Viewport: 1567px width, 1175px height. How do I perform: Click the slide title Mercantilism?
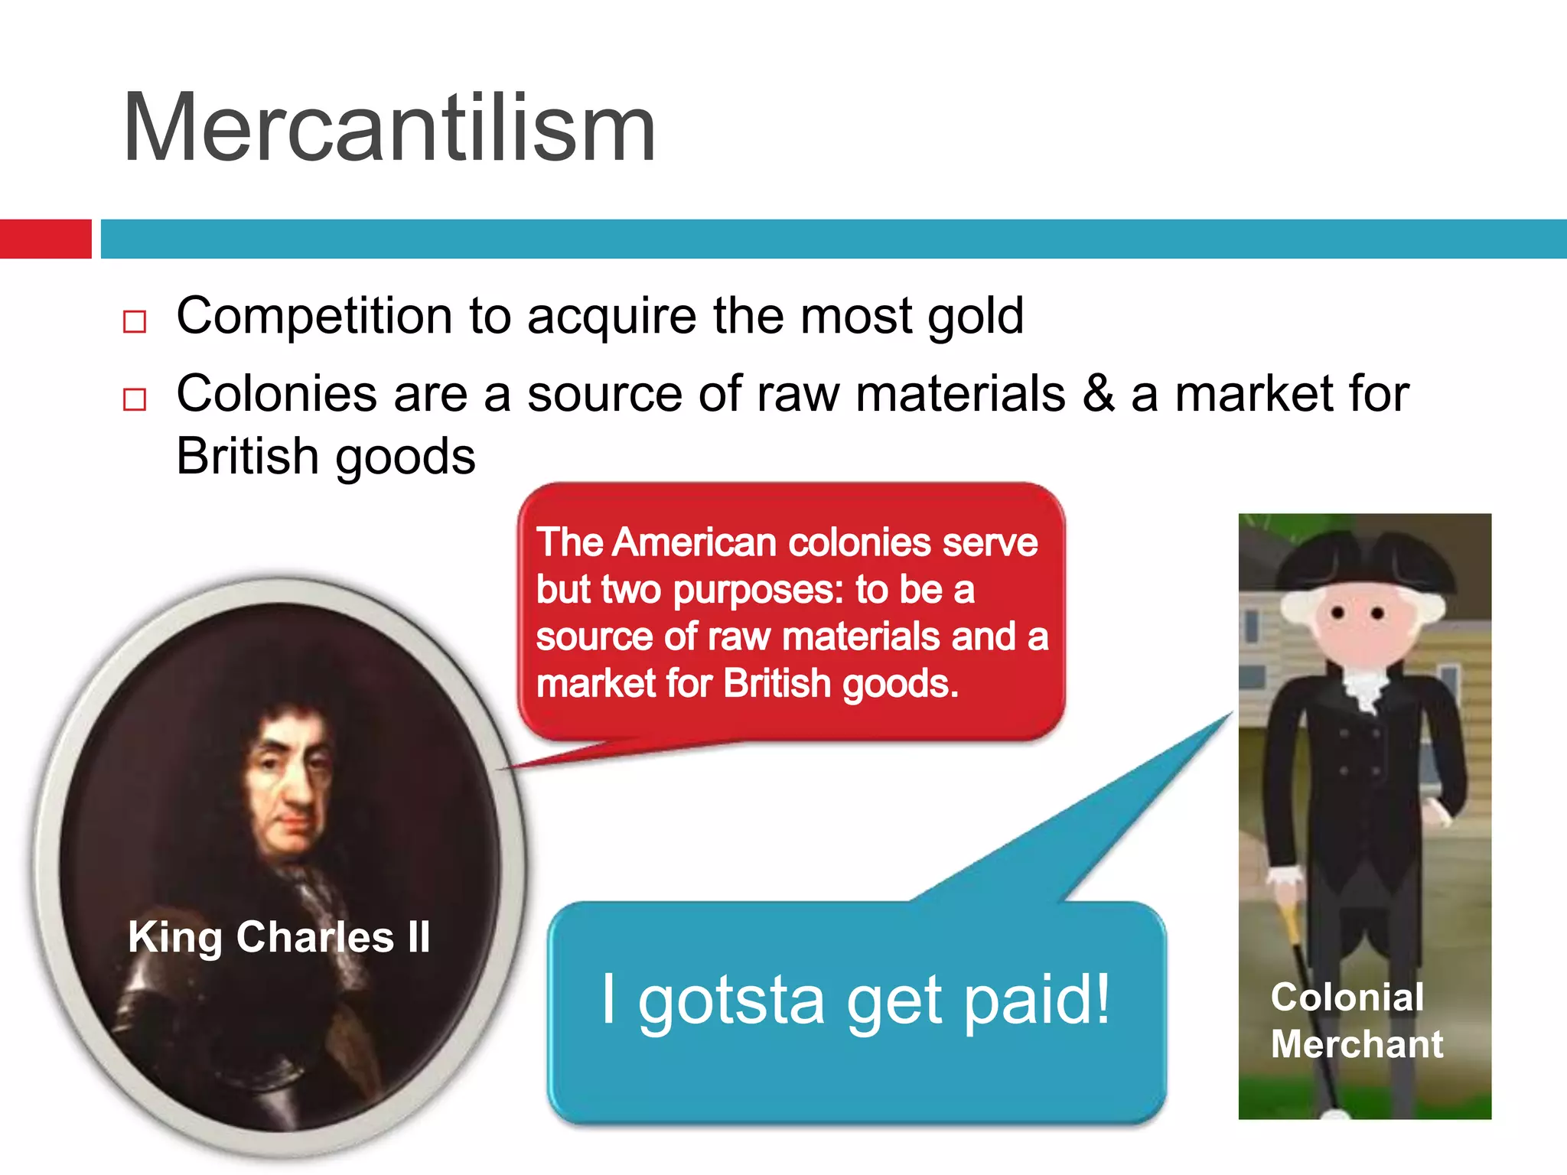click(x=389, y=129)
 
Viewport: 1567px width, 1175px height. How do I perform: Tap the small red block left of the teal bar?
click(x=45, y=239)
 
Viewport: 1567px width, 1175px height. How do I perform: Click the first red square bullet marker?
click(x=135, y=321)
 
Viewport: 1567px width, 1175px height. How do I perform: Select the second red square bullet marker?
click(x=135, y=399)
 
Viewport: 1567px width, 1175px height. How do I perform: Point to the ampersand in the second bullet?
click(x=1098, y=395)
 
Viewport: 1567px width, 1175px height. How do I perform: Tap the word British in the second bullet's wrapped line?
click(x=246, y=457)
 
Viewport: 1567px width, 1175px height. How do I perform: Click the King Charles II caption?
click(x=279, y=937)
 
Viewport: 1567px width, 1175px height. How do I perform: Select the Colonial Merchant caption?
click(x=1356, y=1020)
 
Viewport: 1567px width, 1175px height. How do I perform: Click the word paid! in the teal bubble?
click(x=1037, y=1001)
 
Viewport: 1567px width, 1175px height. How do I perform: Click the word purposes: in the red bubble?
click(x=757, y=590)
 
